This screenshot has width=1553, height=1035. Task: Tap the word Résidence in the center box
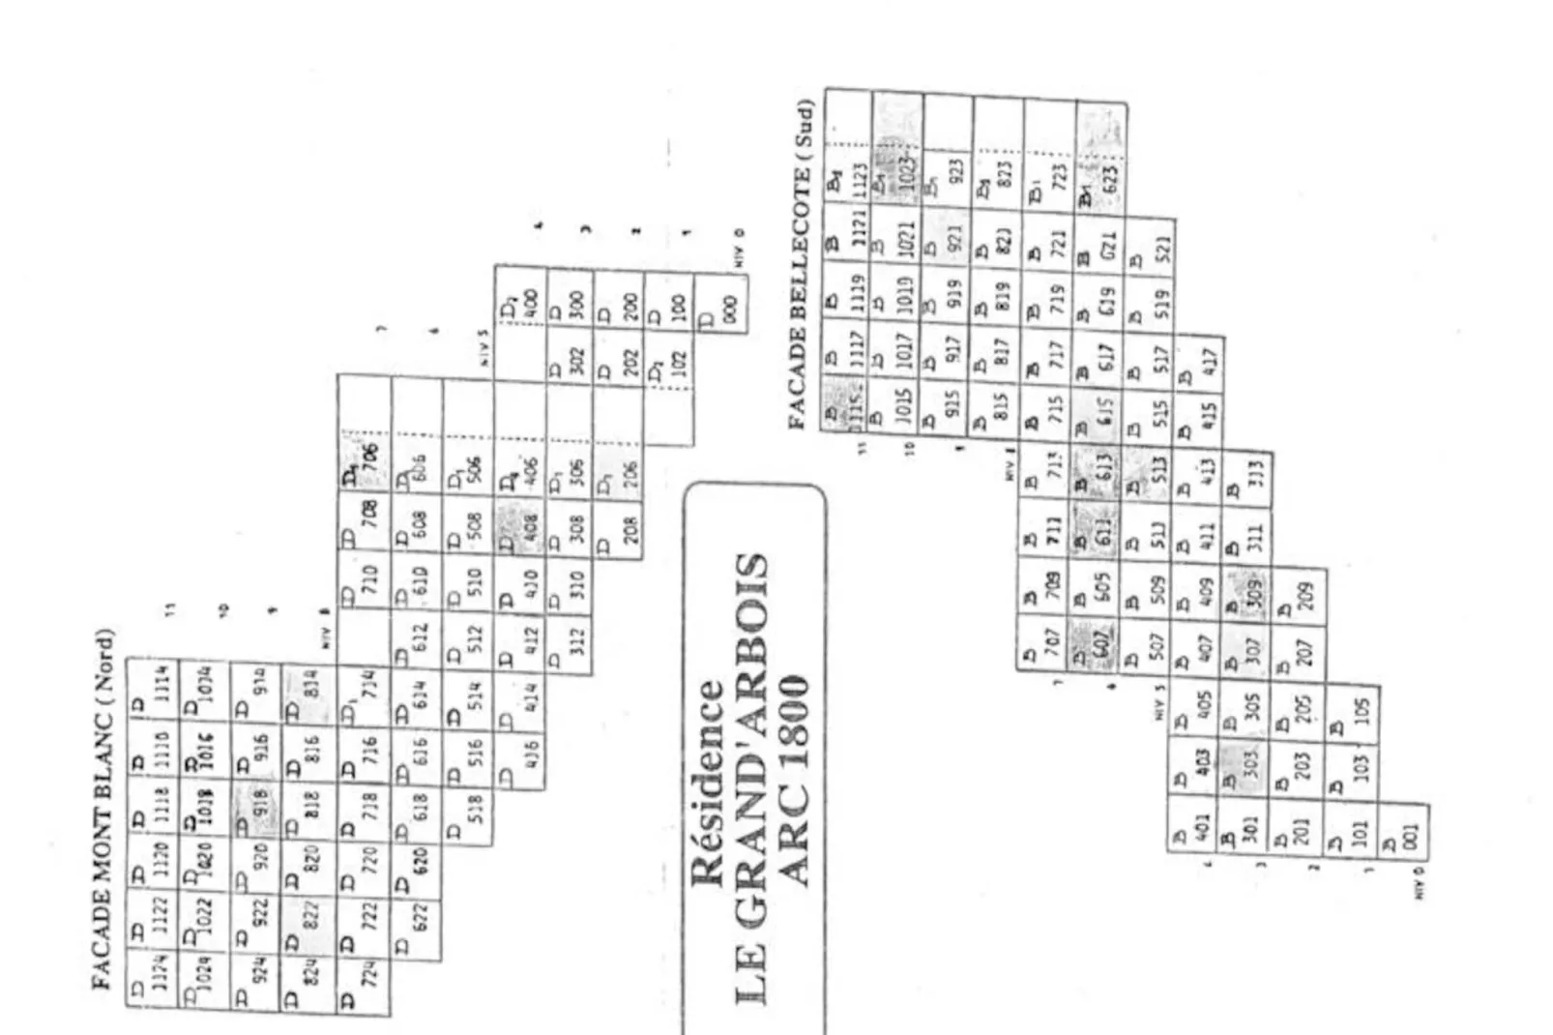707,784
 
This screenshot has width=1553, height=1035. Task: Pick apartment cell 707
1042,640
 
